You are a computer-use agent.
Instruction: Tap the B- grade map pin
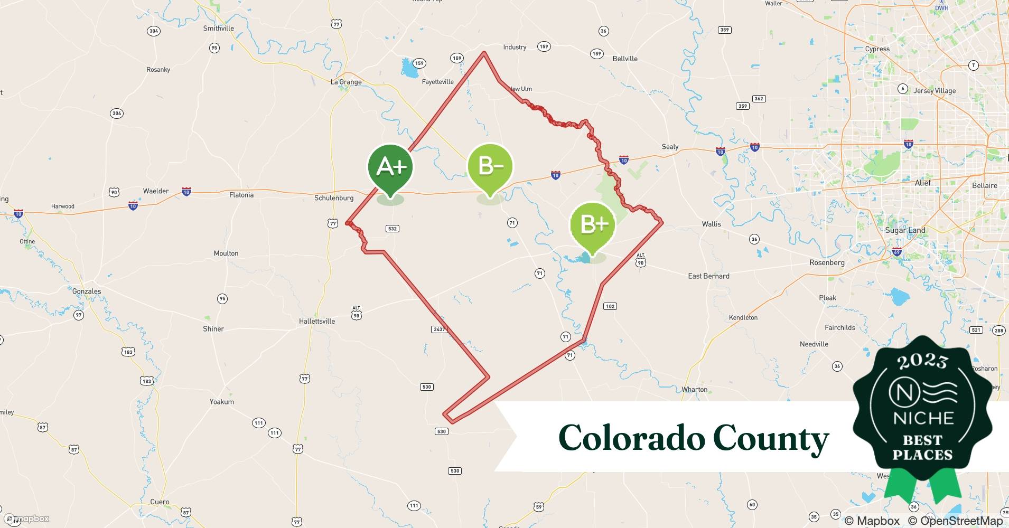click(x=490, y=167)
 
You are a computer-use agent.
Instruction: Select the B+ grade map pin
click(x=592, y=225)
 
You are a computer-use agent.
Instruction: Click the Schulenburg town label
click(x=334, y=198)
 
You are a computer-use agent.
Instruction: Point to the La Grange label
click(x=346, y=82)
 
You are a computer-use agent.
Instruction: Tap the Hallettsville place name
click(x=317, y=321)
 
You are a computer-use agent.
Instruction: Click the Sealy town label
click(x=670, y=147)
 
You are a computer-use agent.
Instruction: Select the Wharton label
click(x=694, y=390)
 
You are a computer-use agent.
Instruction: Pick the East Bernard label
click(x=708, y=276)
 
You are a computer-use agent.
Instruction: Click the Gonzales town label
click(x=87, y=291)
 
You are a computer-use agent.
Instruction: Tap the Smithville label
click(x=219, y=29)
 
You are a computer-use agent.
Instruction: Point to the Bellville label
click(x=625, y=59)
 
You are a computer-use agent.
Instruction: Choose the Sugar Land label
click(x=905, y=230)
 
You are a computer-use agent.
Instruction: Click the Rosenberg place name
click(x=827, y=262)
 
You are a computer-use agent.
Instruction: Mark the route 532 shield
click(x=392, y=229)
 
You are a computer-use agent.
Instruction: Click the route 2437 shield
click(x=439, y=329)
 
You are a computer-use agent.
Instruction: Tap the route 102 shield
click(x=610, y=306)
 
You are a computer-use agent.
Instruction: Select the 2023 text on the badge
click(x=922, y=362)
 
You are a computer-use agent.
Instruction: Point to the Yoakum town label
click(x=221, y=402)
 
